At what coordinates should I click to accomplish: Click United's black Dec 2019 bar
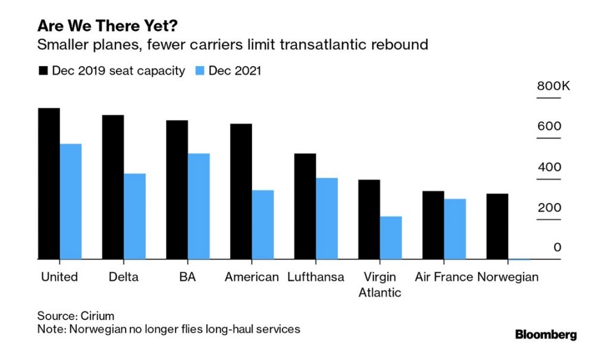[49, 184]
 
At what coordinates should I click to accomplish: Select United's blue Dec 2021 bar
[71, 202]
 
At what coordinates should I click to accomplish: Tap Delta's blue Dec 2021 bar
[135, 217]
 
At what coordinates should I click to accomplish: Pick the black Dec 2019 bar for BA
[177, 190]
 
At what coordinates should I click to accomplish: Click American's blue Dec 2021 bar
[263, 225]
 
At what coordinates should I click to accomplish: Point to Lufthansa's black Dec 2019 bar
[305, 206]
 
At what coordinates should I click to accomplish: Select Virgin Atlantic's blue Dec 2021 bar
[391, 238]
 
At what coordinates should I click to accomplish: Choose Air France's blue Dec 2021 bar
[455, 229]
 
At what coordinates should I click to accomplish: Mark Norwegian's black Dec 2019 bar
[497, 227]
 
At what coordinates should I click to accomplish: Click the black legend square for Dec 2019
[43, 71]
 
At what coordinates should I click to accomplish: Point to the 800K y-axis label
[553, 86]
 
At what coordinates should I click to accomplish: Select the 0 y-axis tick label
[557, 248]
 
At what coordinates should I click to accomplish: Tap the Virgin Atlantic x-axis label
[380, 284]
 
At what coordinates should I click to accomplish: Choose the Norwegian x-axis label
[508, 277]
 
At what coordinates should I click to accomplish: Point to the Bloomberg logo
[545, 334]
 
